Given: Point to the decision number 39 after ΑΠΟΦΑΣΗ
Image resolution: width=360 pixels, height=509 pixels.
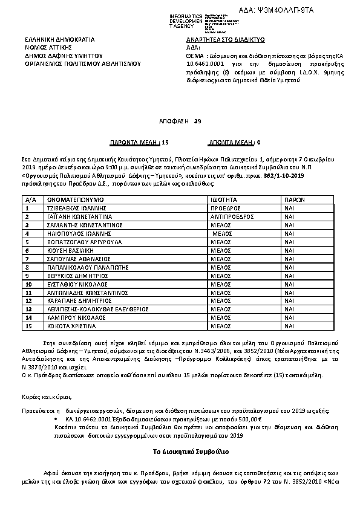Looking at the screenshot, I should (x=197, y=122).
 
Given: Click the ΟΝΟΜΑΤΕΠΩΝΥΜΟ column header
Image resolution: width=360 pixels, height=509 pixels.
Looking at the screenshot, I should (x=76, y=199).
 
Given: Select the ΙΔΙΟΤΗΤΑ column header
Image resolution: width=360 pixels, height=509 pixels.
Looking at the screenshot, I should (x=224, y=199).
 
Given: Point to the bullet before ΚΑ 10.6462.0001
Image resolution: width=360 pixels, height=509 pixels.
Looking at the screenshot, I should (x=57, y=418).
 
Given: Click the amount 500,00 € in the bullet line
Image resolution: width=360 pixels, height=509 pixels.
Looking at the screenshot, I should (x=249, y=418).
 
